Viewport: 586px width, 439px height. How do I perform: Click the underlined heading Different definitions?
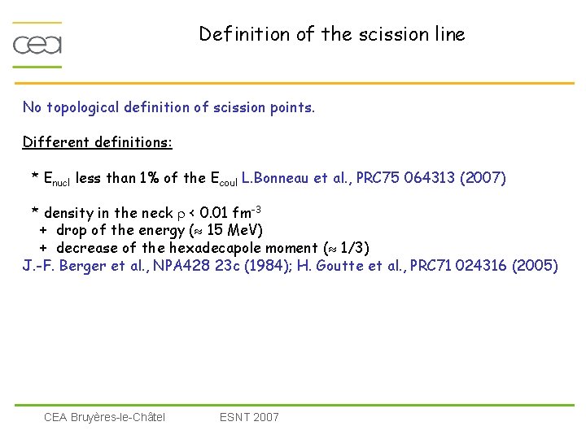(97, 142)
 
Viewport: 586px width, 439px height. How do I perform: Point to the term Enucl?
(57, 179)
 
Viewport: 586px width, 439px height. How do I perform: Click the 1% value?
(150, 178)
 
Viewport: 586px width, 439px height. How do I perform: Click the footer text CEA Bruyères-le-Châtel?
(104, 417)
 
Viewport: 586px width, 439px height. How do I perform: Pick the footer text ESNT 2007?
(249, 417)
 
